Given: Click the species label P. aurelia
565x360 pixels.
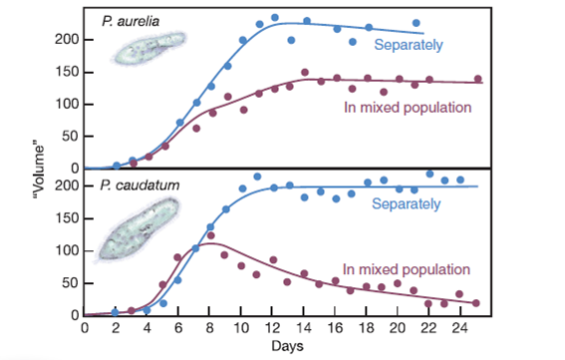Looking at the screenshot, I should coord(133,20).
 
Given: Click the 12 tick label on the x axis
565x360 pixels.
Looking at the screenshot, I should coord(273,327).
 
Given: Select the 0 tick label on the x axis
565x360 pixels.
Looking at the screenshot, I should coord(85,327).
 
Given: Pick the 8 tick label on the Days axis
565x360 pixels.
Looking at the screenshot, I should coord(210,327).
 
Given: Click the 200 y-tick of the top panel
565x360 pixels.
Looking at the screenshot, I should coord(66,39).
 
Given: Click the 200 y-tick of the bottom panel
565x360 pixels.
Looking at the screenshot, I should coord(66,185).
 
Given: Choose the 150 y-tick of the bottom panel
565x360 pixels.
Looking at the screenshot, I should coord(66,218).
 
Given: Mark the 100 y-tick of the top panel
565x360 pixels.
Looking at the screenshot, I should coord(66,104).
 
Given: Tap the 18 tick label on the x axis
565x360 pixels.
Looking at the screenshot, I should coord(366,327).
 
